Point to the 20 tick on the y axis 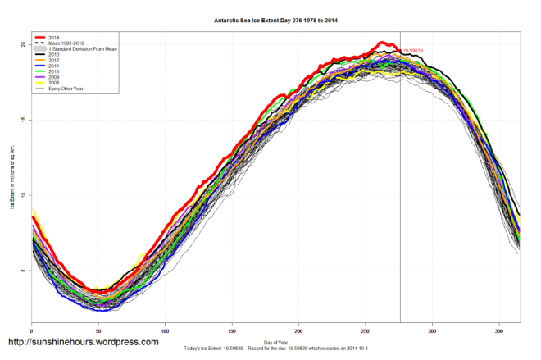pyautogui.click(x=23, y=44)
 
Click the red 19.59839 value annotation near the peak pyautogui.click(x=416, y=51)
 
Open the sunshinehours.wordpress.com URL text pyautogui.click(x=83, y=342)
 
